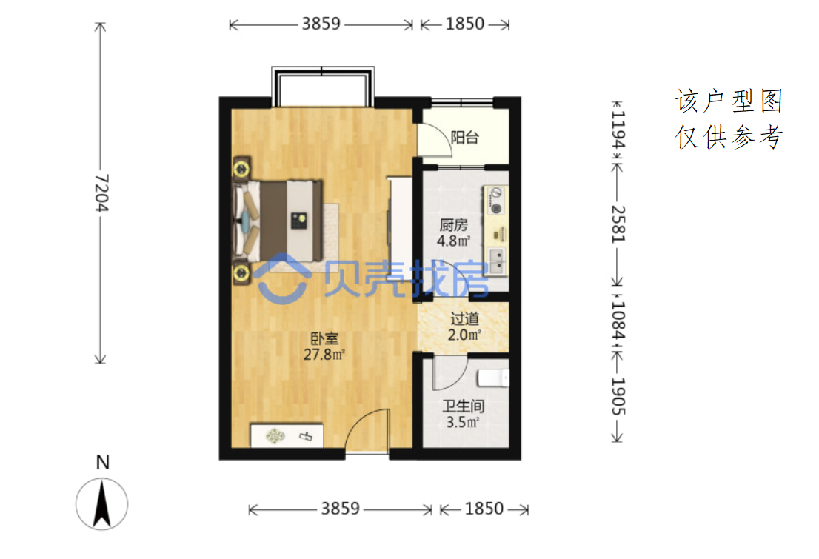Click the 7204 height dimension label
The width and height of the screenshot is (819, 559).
tap(101, 193)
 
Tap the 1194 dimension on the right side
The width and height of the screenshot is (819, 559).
tap(618, 130)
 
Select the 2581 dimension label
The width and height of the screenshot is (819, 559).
tap(618, 224)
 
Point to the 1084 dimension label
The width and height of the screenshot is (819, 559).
tap(618, 320)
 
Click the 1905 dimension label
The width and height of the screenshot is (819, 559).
tap(618, 397)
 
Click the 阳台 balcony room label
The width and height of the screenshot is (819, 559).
tap(465, 138)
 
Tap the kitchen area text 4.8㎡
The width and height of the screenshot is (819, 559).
tap(453, 241)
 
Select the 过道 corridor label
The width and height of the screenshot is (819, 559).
tap(464, 318)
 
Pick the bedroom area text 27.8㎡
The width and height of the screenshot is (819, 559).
tap(324, 355)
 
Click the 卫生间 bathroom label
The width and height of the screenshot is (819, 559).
tap(464, 406)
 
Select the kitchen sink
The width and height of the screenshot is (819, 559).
tap(496, 261)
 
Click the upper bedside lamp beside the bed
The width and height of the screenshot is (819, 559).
tap(241, 170)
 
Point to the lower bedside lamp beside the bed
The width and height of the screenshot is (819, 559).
tap(241, 272)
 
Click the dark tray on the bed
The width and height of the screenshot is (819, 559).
tap(298, 221)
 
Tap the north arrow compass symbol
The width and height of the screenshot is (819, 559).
tap(102, 504)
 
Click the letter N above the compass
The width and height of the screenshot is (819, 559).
tap(103, 462)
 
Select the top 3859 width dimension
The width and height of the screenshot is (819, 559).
tap(321, 24)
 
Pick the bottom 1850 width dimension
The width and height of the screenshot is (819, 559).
tap(484, 509)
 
